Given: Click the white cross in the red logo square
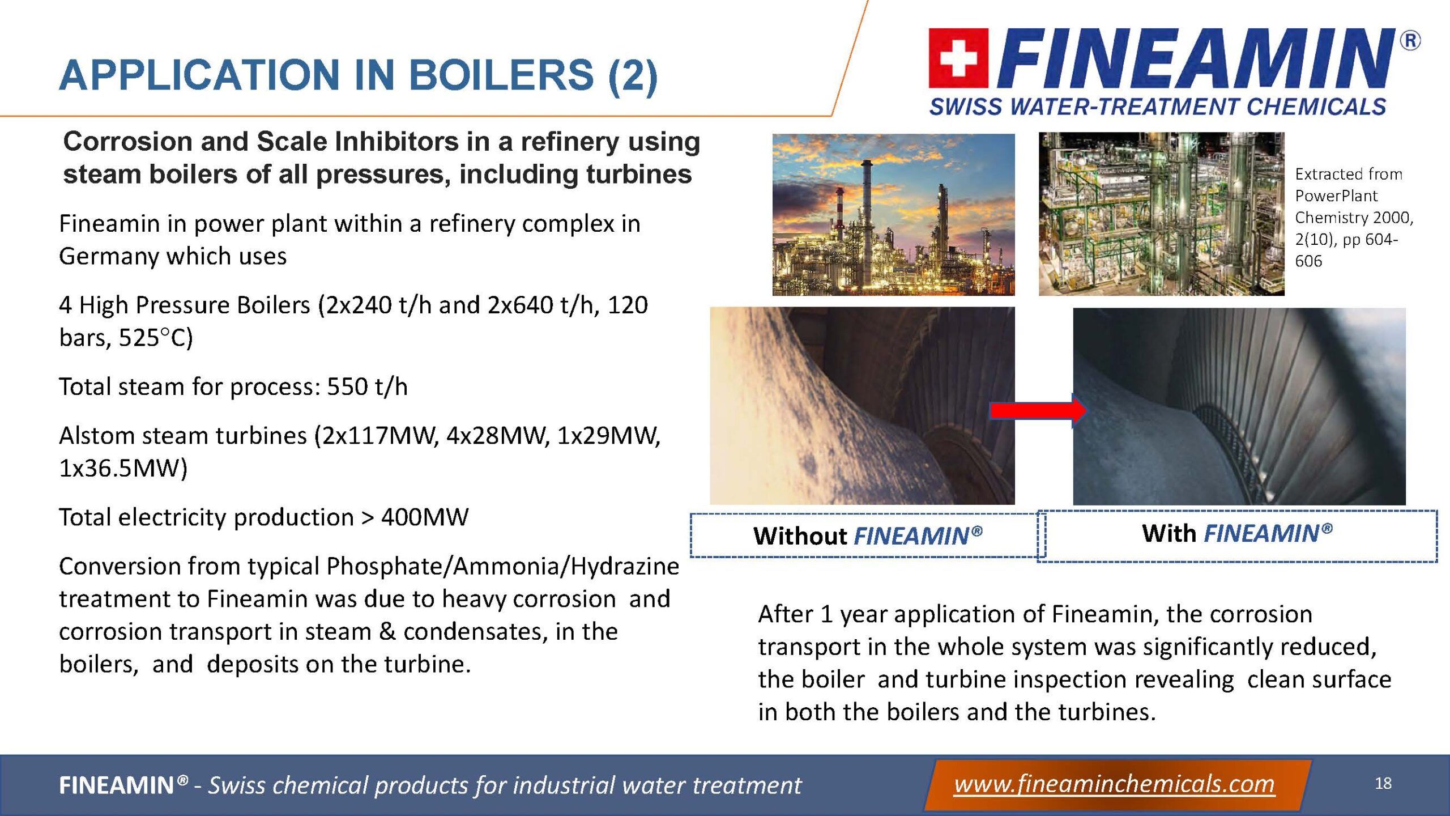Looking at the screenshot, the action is (x=958, y=58).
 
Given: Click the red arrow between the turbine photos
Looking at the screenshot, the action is (x=1038, y=410).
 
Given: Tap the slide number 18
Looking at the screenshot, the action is (x=1383, y=783).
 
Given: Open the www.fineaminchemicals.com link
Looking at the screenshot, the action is (x=1114, y=784).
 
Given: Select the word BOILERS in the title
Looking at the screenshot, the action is (x=501, y=75).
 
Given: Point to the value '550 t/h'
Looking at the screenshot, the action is (x=367, y=386).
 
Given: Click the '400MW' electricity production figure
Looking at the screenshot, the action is (x=425, y=517).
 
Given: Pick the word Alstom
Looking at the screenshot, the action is (x=96, y=436).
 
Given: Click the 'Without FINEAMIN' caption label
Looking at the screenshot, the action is (x=867, y=536).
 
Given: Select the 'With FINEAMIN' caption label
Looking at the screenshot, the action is (x=1237, y=533).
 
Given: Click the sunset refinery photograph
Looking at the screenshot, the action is (x=893, y=214).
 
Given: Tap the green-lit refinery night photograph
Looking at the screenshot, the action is (x=1161, y=214).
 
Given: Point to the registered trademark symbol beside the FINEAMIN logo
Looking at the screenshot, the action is (x=1410, y=41).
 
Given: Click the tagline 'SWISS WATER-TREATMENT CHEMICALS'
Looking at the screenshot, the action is (x=1158, y=107).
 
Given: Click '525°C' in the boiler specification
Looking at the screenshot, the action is (x=156, y=338).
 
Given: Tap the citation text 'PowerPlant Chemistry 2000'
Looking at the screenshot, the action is (x=1354, y=207).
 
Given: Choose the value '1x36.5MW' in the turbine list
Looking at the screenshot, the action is (x=123, y=469).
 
